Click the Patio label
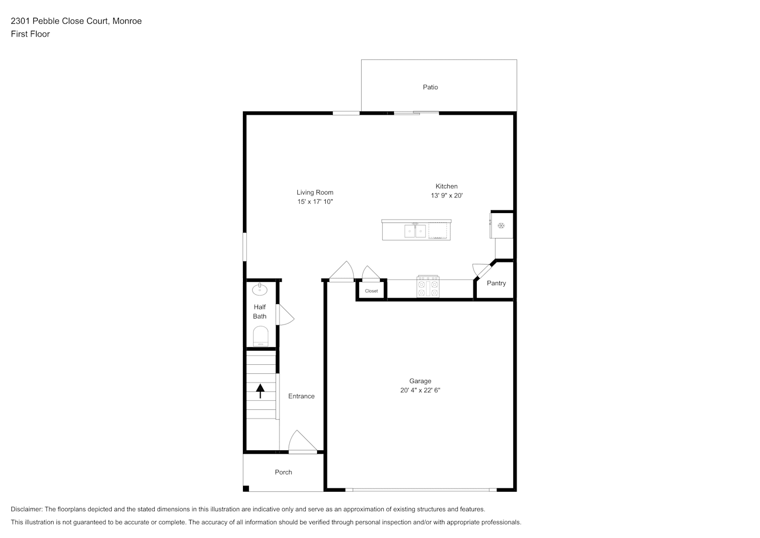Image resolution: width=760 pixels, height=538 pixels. point(430,87)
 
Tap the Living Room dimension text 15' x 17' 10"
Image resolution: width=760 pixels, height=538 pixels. point(315,202)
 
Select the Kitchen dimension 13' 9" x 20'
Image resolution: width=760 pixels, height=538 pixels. point(447,196)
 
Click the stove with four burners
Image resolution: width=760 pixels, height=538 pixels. point(428,287)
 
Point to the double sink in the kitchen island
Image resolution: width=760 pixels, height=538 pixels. point(415,231)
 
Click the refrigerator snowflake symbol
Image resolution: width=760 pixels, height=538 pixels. point(501,226)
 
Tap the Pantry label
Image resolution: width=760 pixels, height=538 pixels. point(496,284)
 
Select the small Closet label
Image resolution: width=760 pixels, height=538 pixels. point(371,291)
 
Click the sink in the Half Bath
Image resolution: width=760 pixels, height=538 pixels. point(260,289)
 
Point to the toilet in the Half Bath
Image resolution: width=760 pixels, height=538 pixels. point(261,336)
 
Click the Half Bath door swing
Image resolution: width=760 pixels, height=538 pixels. point(285,315)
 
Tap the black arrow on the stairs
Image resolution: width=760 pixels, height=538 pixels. point(260,391)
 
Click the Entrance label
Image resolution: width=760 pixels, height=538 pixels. point(302,397)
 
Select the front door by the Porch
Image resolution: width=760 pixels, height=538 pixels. point(303,442)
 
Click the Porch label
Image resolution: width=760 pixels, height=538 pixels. point(283,472)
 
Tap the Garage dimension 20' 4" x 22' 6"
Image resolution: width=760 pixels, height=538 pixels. point(420,391)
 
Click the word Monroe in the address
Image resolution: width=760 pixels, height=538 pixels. point(127,21)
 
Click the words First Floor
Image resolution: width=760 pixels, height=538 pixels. point(30,34)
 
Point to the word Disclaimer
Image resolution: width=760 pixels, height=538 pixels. point(27,509)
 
